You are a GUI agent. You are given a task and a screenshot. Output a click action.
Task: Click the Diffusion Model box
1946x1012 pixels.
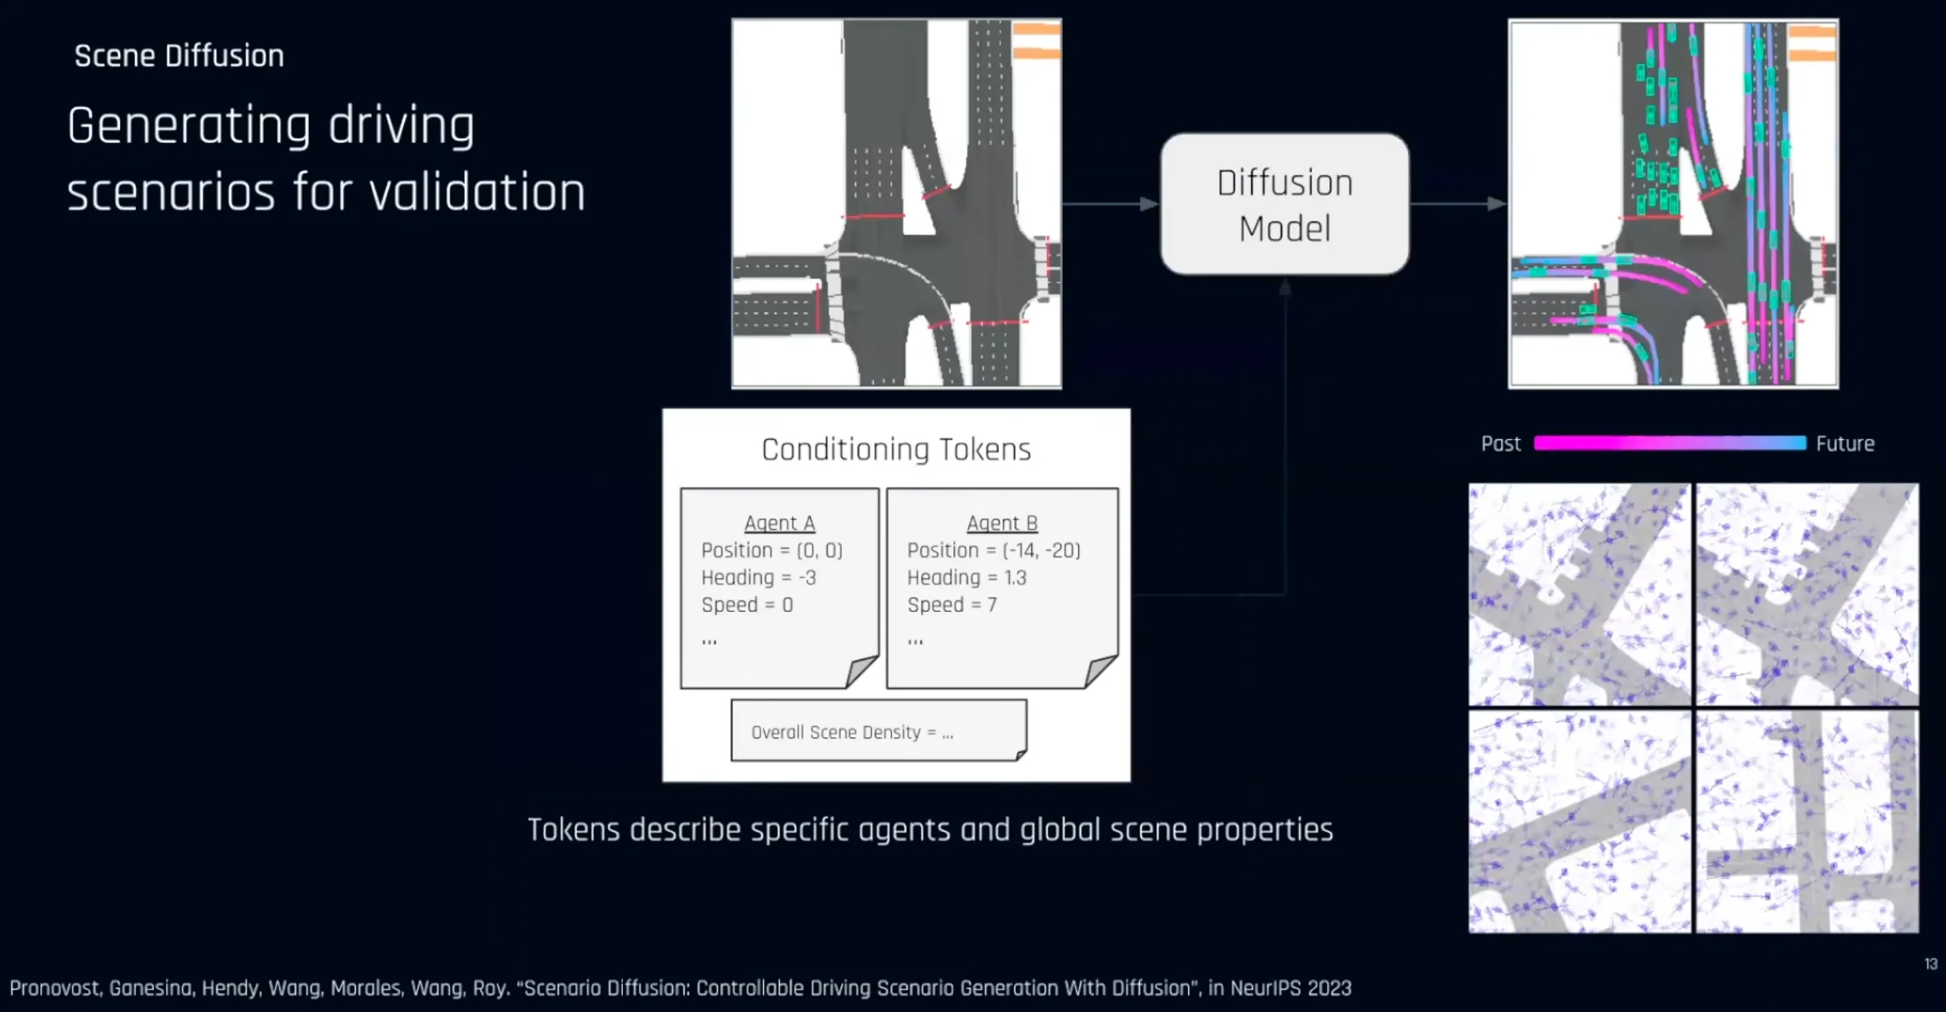pyautogui.click(x=1284, y=204)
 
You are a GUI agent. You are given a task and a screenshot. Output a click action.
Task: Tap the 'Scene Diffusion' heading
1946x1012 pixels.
pyautogui.click(x=179, y=56)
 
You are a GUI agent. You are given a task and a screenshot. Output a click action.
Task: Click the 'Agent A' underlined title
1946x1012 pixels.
pyautogui.click(x=779, y=522)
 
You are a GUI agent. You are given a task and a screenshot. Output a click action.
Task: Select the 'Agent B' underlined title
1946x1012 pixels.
pyautogui.click(x=1002, y=522)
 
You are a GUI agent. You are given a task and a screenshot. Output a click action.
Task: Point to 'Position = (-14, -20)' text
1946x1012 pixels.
pyautogui.click(x=994, y=550)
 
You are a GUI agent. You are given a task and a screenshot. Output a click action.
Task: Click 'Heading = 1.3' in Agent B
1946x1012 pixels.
pyautogui.click(x=966, y=577)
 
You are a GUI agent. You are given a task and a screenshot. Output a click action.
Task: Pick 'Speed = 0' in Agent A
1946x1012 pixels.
pyautogui.click(x=747, y=604)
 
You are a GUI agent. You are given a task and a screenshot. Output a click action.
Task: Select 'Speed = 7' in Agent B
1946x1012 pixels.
pyautogui.click(x=952, y=604)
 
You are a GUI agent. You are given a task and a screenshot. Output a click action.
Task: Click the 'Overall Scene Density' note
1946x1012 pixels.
pyautogui.click(x=879, y=730)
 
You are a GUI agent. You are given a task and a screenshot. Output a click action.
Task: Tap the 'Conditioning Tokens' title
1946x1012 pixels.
pyautogui.click(x=896, y=449)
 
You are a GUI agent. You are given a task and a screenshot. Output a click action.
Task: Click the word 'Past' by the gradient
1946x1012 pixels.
pyautogui.click(x=1500, y=443)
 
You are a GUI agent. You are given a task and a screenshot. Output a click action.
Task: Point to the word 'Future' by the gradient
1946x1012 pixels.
pyautogui.click(x=1845, y=443)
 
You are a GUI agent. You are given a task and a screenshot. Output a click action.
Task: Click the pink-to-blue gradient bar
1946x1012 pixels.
pyautogui.click(x=1670, y=443)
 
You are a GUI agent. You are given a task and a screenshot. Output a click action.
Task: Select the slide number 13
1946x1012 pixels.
pyautogui.click(x=1930, y=963)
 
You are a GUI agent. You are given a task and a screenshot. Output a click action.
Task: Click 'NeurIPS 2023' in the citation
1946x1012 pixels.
pyautogui.click(x=1291, y=988)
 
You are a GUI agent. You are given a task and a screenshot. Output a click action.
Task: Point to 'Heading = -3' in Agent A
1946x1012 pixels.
pyautogui.click(x=758, y=577)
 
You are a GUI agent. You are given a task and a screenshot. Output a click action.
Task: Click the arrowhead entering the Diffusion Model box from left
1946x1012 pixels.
pyautogui.click(x=1149, y=204)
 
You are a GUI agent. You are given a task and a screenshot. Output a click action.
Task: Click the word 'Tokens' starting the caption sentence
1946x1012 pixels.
pyautogui.click(x=574, y=829)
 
